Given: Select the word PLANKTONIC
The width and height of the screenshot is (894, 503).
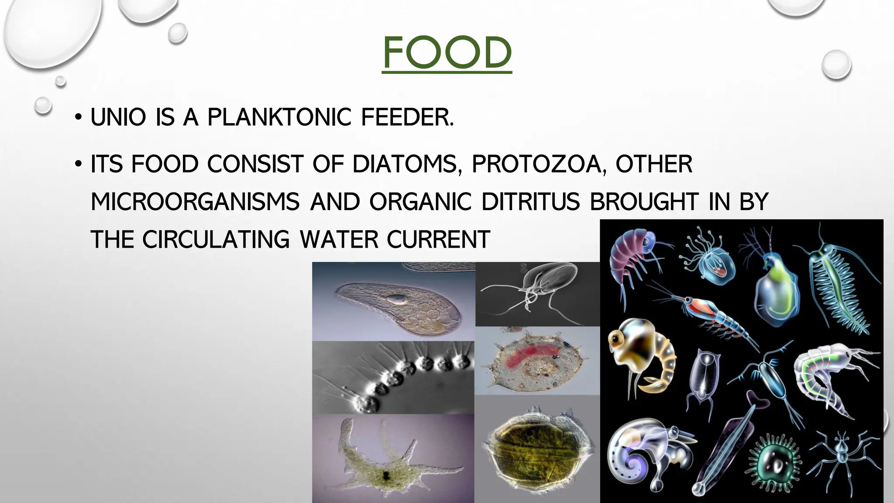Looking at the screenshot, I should coord(279,117).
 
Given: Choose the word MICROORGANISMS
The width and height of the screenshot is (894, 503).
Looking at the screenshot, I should coord(195,202).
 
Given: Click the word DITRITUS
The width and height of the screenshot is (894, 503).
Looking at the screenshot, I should coord(530,202).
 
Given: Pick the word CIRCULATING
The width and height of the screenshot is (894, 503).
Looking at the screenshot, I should coord(216,240).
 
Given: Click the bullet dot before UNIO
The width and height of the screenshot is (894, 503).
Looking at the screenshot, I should coord(78,117).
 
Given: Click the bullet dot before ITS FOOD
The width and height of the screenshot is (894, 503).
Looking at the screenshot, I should coord(78,165).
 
